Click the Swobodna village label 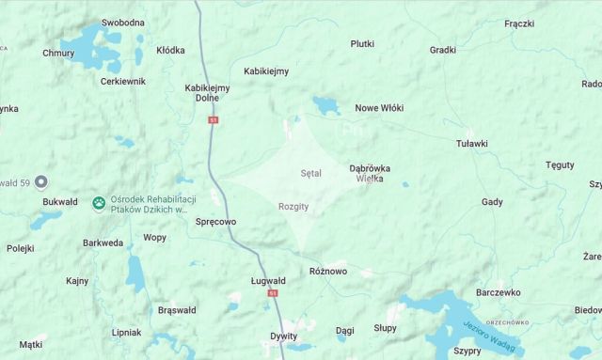[122, 23]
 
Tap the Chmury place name [58, 54]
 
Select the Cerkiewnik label [123, 82]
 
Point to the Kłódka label [170, 50]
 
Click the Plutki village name [362, 44]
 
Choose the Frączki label [519, 23]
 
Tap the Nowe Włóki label [379, 108]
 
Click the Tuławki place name [471, 144]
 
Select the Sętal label [310, 174]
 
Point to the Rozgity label [294, 206]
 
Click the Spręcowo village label [215, 222]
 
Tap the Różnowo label [328, 272]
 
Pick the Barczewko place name [499, 292]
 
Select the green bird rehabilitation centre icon [99, 203]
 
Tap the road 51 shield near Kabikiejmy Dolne [214, 120]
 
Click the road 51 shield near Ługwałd [273, 293]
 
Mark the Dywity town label [283, 336]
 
